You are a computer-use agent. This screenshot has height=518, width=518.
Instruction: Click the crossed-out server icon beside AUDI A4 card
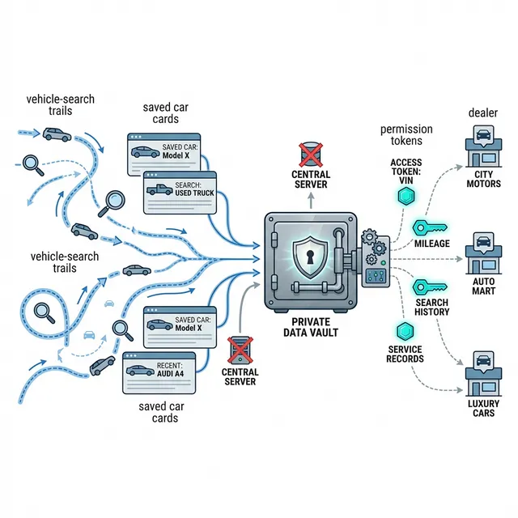[x=239, y=352]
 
